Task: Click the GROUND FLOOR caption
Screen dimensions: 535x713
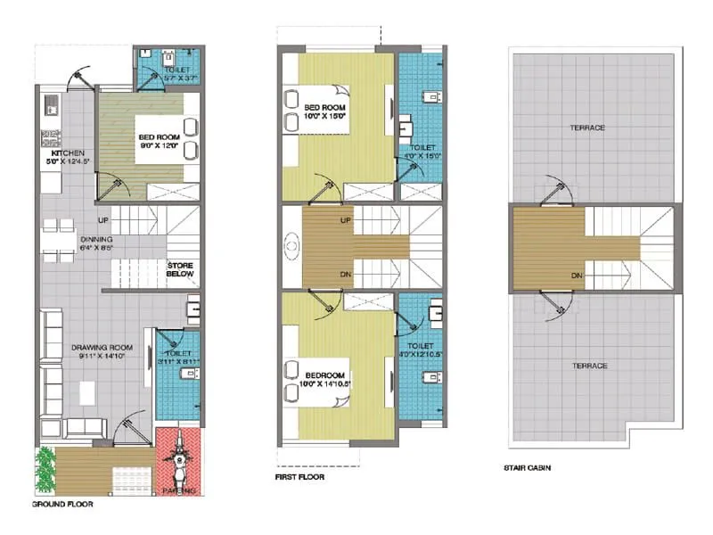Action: coord(62,504)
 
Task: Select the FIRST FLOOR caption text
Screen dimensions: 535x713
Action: coord(299,477)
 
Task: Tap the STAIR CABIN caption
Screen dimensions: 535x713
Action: coord(527,465)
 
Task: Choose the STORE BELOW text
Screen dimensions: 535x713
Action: coord(181,269)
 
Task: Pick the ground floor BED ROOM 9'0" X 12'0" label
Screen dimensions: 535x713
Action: coord(159,142)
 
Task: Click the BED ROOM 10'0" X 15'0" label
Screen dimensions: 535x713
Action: coord(324,112)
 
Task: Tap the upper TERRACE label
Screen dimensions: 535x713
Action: coord(587,128)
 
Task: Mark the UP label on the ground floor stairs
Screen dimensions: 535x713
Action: coord(104,218)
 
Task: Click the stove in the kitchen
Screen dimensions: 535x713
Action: coord(50,139)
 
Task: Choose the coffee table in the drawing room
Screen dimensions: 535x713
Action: coord(86,391)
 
